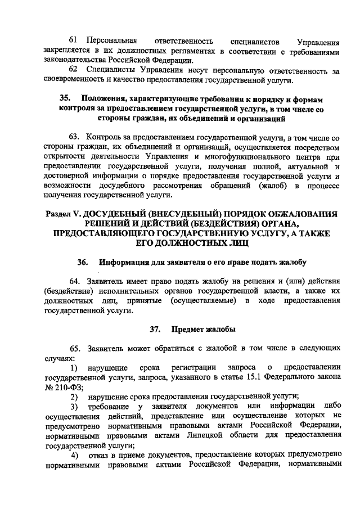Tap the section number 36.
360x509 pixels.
coord(84,263)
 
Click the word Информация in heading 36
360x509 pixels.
coord(125,263)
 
